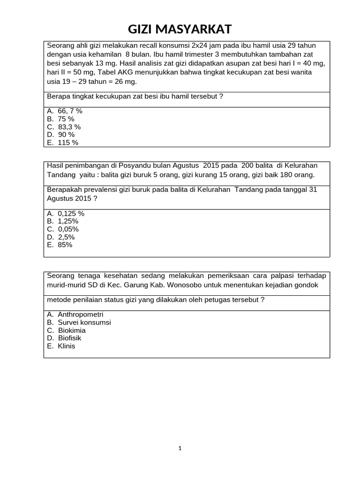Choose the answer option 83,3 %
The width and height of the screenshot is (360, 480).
point(69,127)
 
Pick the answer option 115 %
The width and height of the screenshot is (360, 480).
point(67,142)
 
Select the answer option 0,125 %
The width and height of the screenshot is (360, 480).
point(71,214)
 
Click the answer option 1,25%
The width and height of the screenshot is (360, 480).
point(68,221)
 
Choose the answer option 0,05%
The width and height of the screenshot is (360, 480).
point(68,229)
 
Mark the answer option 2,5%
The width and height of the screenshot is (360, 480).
point(66,237)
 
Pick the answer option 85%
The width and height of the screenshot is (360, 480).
point(65,245)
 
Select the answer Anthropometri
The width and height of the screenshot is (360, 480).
point(80,315)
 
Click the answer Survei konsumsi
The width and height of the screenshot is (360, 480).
point(84,322)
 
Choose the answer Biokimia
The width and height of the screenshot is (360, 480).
point(72,330)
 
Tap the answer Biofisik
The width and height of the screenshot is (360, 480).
point(71,338)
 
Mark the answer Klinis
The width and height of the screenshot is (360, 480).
point(67,346)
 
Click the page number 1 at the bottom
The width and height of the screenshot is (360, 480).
point(180,448)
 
